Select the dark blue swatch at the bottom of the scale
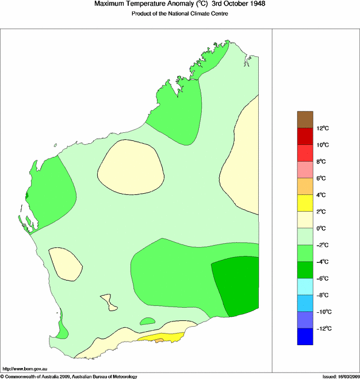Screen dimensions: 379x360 coord(305,336)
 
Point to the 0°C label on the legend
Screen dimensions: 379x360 coord(321,228)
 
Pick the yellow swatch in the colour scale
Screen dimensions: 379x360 coord(305,203)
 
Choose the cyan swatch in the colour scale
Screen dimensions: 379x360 coord(305,286)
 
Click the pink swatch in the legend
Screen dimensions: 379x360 coord(305,170)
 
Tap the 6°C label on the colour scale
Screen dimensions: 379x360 coord(321,178)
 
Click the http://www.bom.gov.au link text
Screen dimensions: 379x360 coord(26,368)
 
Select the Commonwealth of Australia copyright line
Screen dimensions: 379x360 coord(69,376)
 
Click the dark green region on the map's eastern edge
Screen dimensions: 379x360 coord(236,283)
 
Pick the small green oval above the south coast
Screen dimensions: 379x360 coord(148,321)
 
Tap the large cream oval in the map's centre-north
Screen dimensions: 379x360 coord(129,167)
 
